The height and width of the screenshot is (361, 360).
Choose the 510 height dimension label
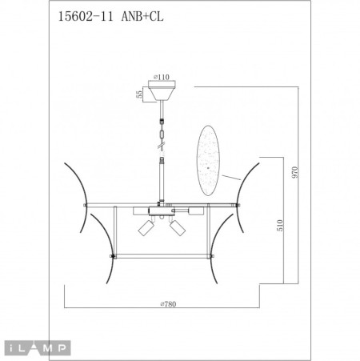click(279, 226)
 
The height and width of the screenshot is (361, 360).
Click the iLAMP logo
click(37, 347)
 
